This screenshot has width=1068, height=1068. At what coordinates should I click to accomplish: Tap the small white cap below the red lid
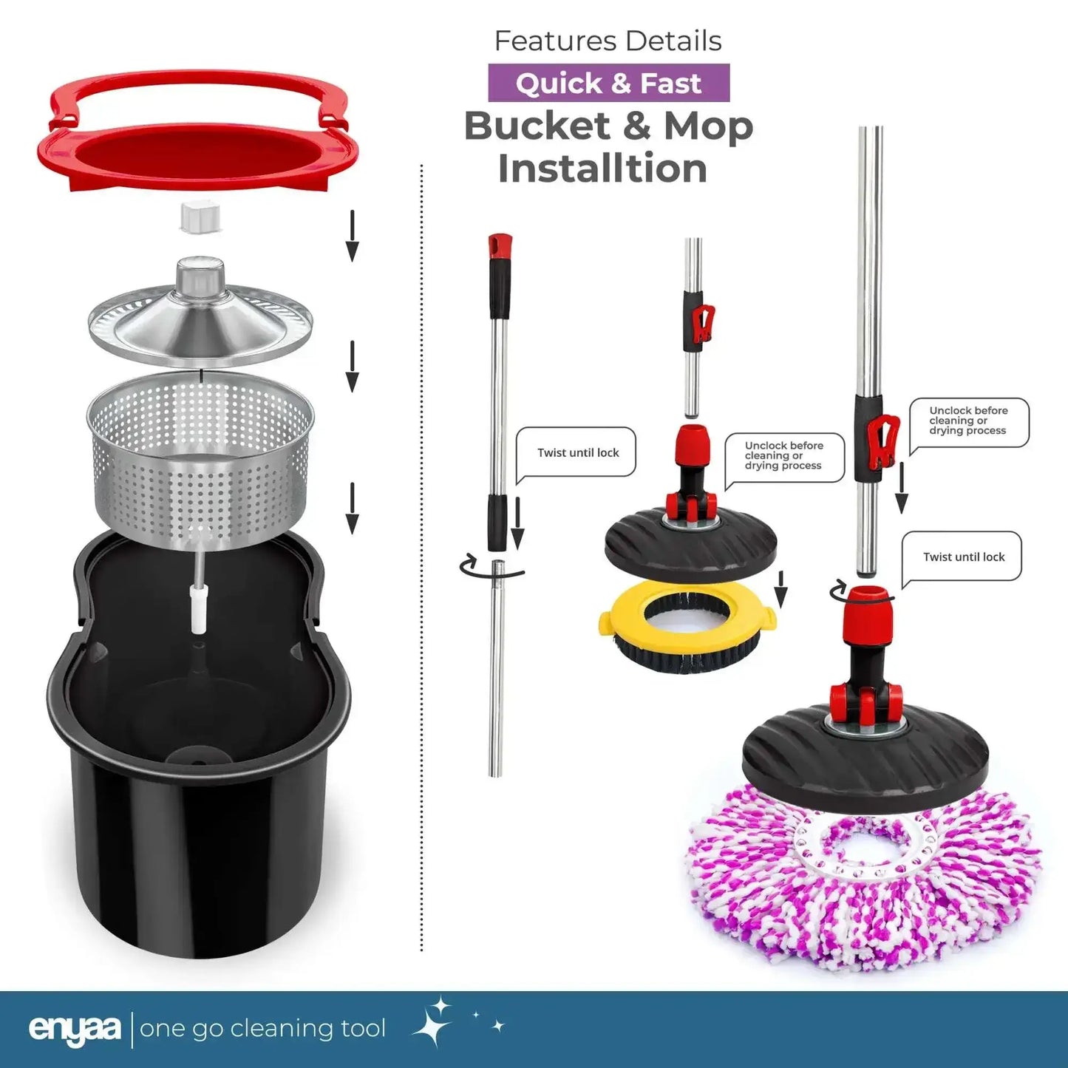point(200,217)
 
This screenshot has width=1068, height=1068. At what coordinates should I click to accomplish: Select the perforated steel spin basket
point(200,460)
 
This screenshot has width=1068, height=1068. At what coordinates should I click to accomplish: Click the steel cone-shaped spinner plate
point(200,311)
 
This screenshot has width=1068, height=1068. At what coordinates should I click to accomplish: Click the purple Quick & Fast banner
point(608,83)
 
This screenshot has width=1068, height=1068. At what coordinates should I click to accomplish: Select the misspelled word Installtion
point(602,169)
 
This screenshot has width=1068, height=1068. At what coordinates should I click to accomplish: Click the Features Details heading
point(608,41)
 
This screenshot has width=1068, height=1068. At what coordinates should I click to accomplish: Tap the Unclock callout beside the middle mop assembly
point(785,458)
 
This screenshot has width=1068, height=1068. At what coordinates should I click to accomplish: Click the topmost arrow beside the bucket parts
point(352,236)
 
